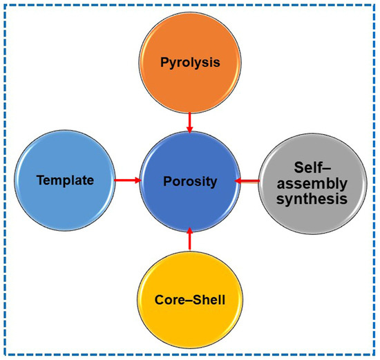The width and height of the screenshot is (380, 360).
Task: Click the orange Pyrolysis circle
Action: pos(189,62)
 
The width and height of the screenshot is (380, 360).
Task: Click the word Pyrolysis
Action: pos(189,61)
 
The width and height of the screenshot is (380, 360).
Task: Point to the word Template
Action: pos(66,180)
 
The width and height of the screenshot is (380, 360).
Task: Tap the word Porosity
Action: pos(189,181)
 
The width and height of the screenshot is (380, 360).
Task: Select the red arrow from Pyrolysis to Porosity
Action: pos(189,120)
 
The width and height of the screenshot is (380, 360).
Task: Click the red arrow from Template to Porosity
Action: pos(127,180)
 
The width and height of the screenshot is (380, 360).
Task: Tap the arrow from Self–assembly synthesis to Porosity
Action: pos(247,181)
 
